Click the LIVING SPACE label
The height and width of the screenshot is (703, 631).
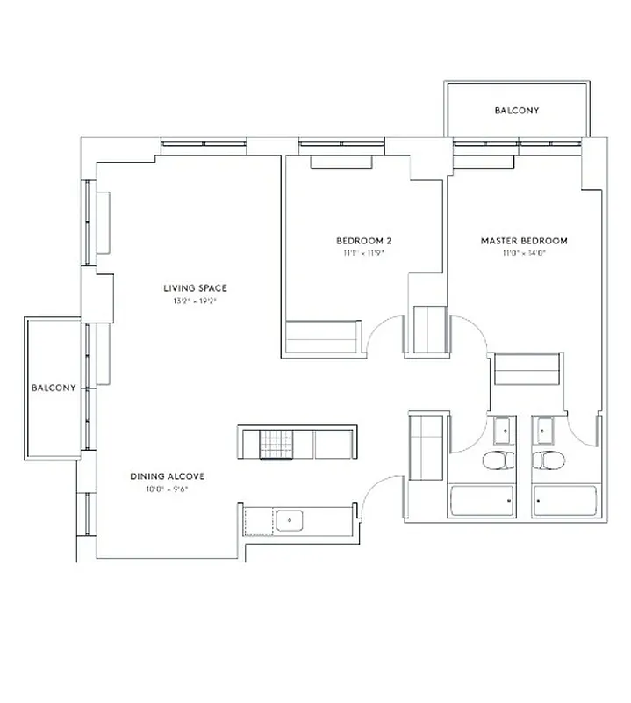[195, 288]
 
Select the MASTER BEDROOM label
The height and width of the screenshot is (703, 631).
[523, 241]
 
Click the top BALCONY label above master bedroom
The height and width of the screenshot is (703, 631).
[516, 111]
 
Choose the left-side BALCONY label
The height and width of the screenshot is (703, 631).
[54, 388]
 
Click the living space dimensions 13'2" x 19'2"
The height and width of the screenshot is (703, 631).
[195, 301]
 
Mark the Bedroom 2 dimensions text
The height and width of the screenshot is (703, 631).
[363, 253]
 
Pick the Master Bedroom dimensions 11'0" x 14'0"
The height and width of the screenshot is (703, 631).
[523, 253]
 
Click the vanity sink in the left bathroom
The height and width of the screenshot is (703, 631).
[505, 431]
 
